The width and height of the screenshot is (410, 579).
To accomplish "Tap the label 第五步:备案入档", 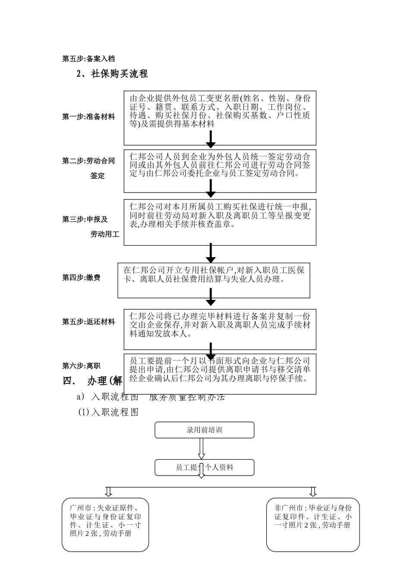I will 88,59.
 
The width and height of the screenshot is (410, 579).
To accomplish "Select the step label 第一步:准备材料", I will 88,117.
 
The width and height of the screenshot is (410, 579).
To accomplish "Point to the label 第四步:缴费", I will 81,278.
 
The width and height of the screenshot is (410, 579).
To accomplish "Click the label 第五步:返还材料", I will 88,322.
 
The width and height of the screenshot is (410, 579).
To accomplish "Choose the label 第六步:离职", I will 81,366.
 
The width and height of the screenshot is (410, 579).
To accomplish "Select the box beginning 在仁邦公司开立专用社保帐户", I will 214,280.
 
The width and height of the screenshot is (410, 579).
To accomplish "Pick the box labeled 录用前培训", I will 204,430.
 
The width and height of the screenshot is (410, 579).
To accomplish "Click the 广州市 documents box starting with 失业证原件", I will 105,525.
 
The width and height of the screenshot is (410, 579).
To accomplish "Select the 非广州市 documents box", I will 312,525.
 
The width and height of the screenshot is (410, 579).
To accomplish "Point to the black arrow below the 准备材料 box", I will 211,139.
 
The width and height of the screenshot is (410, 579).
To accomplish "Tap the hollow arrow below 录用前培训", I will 201,449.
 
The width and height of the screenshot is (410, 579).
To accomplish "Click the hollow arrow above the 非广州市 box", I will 313,492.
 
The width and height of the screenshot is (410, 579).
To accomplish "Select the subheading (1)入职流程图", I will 108,412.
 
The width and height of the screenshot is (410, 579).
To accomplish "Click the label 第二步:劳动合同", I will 88,161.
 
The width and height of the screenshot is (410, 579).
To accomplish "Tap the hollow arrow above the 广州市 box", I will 108,492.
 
